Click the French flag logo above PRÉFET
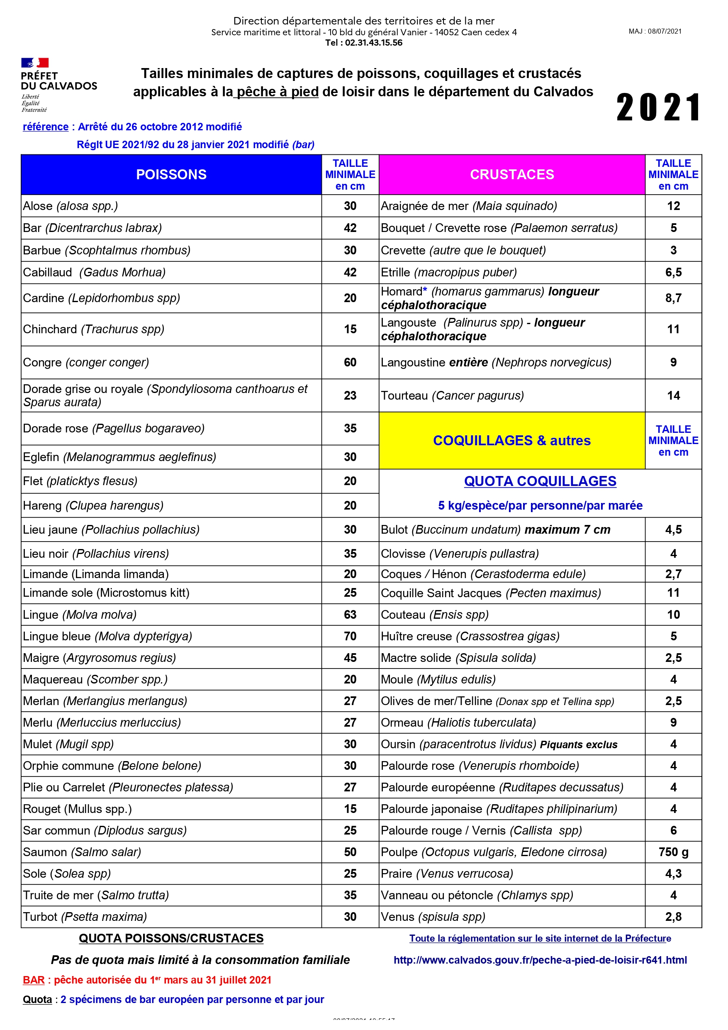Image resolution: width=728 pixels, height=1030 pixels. (35, 62)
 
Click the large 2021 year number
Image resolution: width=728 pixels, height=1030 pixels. (658, 107)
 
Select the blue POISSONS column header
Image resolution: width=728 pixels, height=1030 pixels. (171, 175)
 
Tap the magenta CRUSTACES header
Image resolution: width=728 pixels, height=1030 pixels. (512, 175)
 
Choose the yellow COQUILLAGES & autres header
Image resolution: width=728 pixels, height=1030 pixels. (512, 441)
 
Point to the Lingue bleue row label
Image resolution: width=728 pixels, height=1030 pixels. (108, 636)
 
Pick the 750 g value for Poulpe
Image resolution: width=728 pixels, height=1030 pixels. (673, 852)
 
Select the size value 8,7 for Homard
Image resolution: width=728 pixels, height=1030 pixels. (673, 298)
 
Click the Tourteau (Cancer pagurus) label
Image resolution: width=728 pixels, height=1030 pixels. (452, 395)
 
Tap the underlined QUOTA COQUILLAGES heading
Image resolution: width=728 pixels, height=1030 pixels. (540, 481)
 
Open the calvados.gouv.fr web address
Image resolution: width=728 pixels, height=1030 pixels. (540, 960)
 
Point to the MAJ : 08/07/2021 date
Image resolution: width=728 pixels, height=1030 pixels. (655, 32)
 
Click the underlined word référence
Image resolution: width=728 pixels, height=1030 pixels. (46, 127)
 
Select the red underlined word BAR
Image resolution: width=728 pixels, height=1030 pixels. (34, 980)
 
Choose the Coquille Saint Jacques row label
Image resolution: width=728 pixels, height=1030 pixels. (491, 593)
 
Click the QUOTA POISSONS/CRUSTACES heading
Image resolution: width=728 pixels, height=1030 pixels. (171, 938)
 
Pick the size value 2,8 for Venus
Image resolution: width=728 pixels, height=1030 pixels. (673, 917)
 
